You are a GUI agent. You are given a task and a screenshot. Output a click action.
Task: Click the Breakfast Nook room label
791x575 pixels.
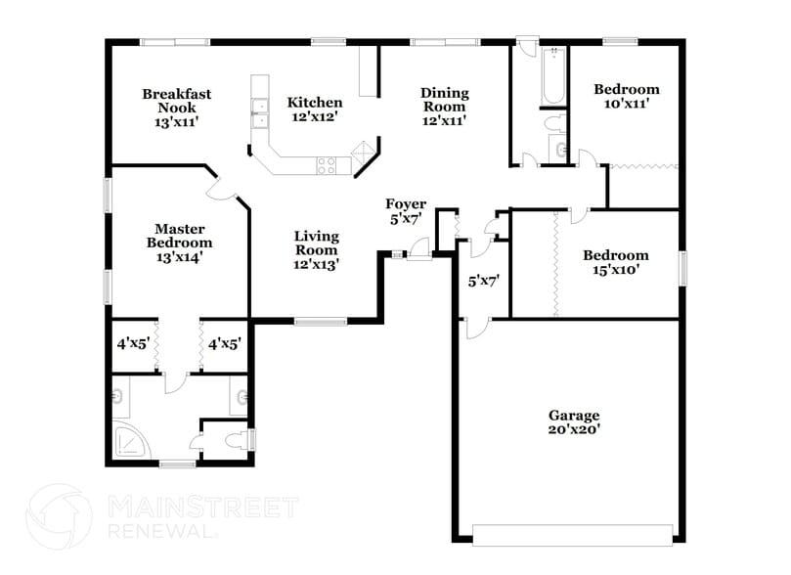(x=176, y=109)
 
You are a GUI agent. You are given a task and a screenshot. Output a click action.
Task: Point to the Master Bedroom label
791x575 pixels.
(x=179, y=243)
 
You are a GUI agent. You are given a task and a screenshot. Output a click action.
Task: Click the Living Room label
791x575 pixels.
(x=317, y=250)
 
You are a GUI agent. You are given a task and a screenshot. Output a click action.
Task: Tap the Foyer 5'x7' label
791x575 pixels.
(x=405, y=212)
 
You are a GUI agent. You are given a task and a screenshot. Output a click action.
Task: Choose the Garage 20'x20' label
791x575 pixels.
(x=573, y=421)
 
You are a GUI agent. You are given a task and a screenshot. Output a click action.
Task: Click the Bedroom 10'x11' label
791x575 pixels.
(x=626, y=95)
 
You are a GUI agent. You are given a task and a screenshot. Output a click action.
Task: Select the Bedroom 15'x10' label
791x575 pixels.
(x=615, y=263)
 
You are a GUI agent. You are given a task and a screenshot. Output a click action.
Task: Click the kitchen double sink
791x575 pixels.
(x=260, y=113)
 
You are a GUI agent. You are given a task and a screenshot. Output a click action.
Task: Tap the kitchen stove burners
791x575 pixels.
(x=326, y=166)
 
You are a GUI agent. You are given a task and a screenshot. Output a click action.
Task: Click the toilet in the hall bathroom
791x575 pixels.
(x=554, y=124)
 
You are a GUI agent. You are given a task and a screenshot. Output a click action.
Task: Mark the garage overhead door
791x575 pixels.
(x=572, y=533)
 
